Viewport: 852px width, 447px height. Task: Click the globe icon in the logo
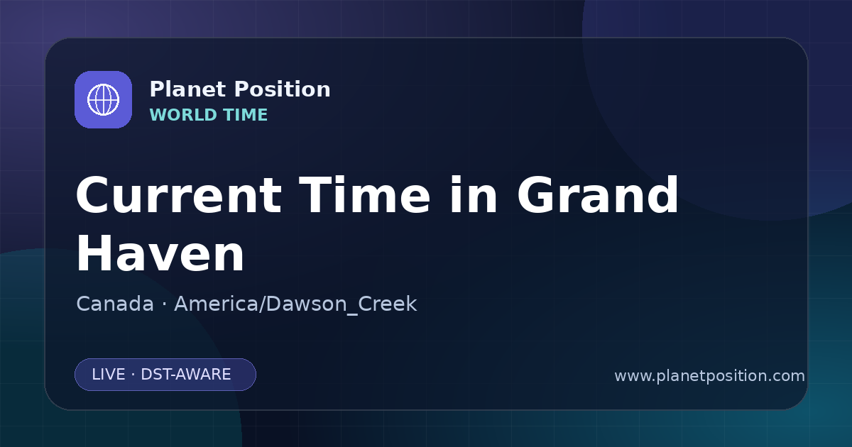pos(103,99)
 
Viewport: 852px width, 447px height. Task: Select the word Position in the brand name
pos(283,89)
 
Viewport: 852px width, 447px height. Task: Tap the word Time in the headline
pos(364,195)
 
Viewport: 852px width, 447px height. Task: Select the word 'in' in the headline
pos(474,195)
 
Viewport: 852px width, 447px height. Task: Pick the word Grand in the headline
pos(598,195)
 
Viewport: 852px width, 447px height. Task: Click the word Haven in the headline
pos(160,253)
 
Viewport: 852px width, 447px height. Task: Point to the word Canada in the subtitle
pos(115,304)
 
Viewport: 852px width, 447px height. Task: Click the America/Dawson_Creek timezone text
pos(295,304)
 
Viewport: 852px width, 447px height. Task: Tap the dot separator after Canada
pos(164,304)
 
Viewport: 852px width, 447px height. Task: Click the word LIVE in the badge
pos(109,375)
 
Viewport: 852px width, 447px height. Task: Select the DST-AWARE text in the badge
pos(185,375)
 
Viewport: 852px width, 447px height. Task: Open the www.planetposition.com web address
pos(709,376)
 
